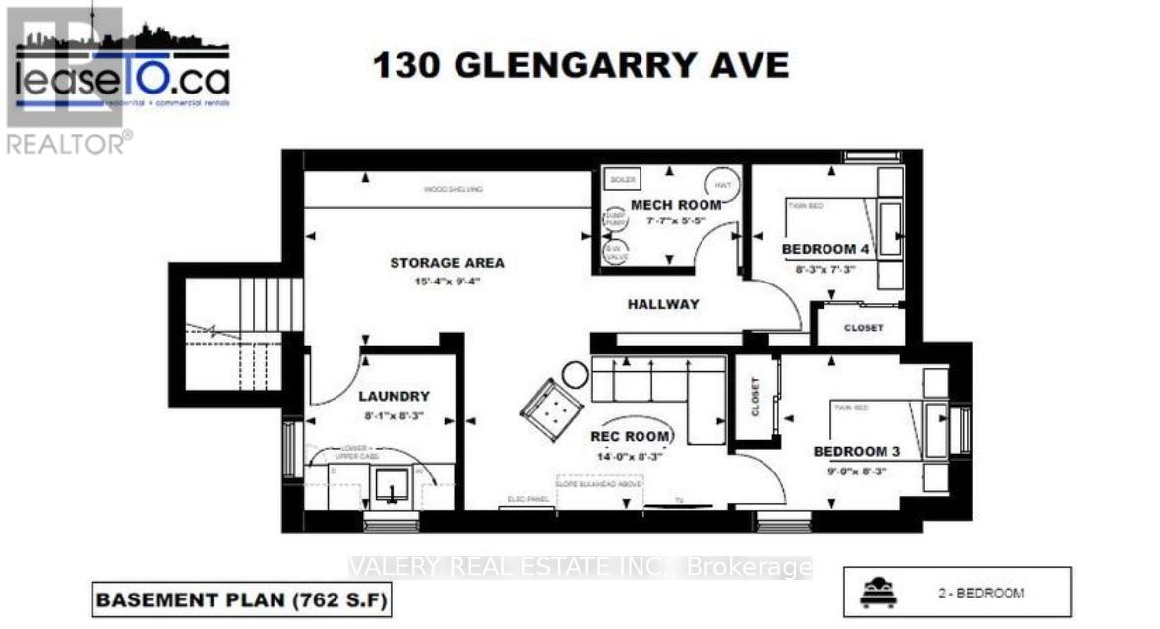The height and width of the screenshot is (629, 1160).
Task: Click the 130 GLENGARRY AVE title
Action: coord(580,66)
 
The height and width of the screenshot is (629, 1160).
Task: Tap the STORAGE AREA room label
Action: coord(447,263)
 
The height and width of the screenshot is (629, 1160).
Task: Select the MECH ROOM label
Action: coord(676,205)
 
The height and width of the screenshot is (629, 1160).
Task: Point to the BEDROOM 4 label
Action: coord(825,249)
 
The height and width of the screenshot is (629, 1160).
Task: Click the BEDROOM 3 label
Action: coord(856,452)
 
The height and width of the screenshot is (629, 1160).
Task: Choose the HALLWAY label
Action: coord(663,304)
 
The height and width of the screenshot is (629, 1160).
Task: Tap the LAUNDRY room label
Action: coord(394,397)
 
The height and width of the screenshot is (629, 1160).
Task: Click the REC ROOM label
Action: coord(631,436)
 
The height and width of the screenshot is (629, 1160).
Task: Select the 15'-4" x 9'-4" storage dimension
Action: coord(447,283)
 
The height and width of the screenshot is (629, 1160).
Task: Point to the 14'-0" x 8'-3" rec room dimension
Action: coord(631,456)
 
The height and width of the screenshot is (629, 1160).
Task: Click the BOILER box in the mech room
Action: coord(623,180)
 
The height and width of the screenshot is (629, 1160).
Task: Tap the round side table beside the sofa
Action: coord(575,373)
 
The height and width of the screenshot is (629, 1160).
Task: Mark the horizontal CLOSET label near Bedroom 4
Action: coord(863,328)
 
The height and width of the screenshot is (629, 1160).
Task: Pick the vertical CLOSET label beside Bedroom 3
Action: coord(756,398)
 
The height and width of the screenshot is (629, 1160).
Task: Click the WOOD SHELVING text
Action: coord(454,189)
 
